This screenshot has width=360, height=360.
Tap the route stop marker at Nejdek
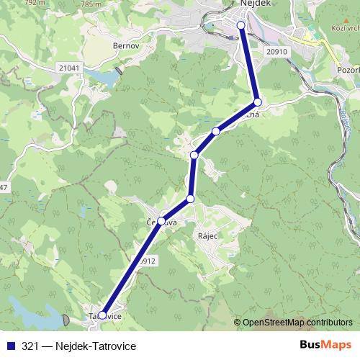point(241,25)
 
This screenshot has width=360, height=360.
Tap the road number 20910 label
point(276,52)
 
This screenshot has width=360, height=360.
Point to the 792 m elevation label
point(32,3)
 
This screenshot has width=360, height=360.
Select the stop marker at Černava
point(161,221)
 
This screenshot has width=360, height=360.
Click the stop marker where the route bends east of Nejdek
point(258,102)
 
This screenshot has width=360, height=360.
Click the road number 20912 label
point(146,261)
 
